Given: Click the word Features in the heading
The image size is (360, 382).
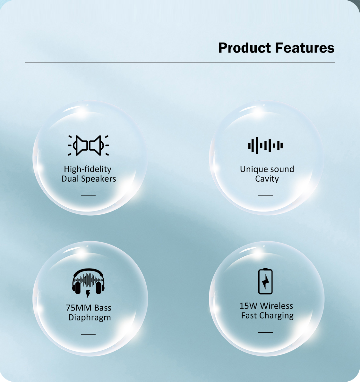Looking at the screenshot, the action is point(305,48).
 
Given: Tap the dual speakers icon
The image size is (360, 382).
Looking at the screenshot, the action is point(88,145).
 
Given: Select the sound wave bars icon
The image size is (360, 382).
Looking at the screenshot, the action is point(265,145).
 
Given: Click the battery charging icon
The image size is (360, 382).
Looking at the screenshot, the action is point(265,281).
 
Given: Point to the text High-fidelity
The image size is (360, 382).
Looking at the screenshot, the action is point(88,169).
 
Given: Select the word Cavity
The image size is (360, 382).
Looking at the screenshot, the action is point(267,179).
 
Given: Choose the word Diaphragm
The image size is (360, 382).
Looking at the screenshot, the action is point(90,318).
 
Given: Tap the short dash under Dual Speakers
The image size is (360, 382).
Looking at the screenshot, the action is point(88,195).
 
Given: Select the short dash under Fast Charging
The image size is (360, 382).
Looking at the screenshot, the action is point(265,332).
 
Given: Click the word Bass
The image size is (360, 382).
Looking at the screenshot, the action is point(103,308).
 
